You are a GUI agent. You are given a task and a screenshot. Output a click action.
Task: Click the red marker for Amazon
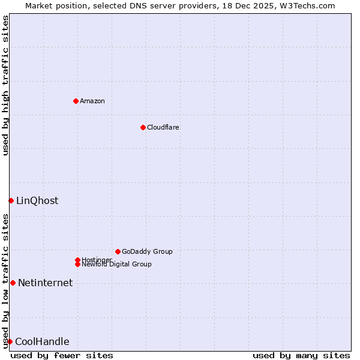tap(76, 101)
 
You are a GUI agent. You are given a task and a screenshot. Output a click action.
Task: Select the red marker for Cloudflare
tap(143, 127)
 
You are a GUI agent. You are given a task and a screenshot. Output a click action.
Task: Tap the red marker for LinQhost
tap(11, 200)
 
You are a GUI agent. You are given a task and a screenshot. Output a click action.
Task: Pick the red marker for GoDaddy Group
tap(118, 251)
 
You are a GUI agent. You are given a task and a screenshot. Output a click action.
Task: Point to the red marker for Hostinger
tap(77, 260)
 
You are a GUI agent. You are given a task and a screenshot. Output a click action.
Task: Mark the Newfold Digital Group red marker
tap(77, 264)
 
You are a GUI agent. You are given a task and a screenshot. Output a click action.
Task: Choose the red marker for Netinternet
tap(13, 283)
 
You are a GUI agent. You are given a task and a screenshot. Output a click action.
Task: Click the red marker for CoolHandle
tap(10, 341)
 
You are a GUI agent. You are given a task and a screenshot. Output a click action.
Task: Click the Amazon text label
tap(92, 101)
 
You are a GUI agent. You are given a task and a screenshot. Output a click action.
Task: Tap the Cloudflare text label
tap(163, 127)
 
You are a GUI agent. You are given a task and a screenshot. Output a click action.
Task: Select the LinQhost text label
tap(37, 200)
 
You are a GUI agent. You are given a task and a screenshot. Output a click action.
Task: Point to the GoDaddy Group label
tap(147, 251)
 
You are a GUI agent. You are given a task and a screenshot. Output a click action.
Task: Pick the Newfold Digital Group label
tap(116, 264)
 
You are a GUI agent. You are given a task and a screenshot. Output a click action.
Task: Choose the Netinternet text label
tap(45, 283)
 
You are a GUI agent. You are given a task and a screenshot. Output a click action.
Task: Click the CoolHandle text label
tap(42, 341)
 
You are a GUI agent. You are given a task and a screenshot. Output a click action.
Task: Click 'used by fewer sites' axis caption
tap(62, 355)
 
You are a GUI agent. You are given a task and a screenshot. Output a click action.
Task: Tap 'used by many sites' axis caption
tap(301, 355)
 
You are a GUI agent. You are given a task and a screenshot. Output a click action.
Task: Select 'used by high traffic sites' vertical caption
tap(6, 85)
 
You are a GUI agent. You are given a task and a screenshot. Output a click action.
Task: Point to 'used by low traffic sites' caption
tap(6, 281)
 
